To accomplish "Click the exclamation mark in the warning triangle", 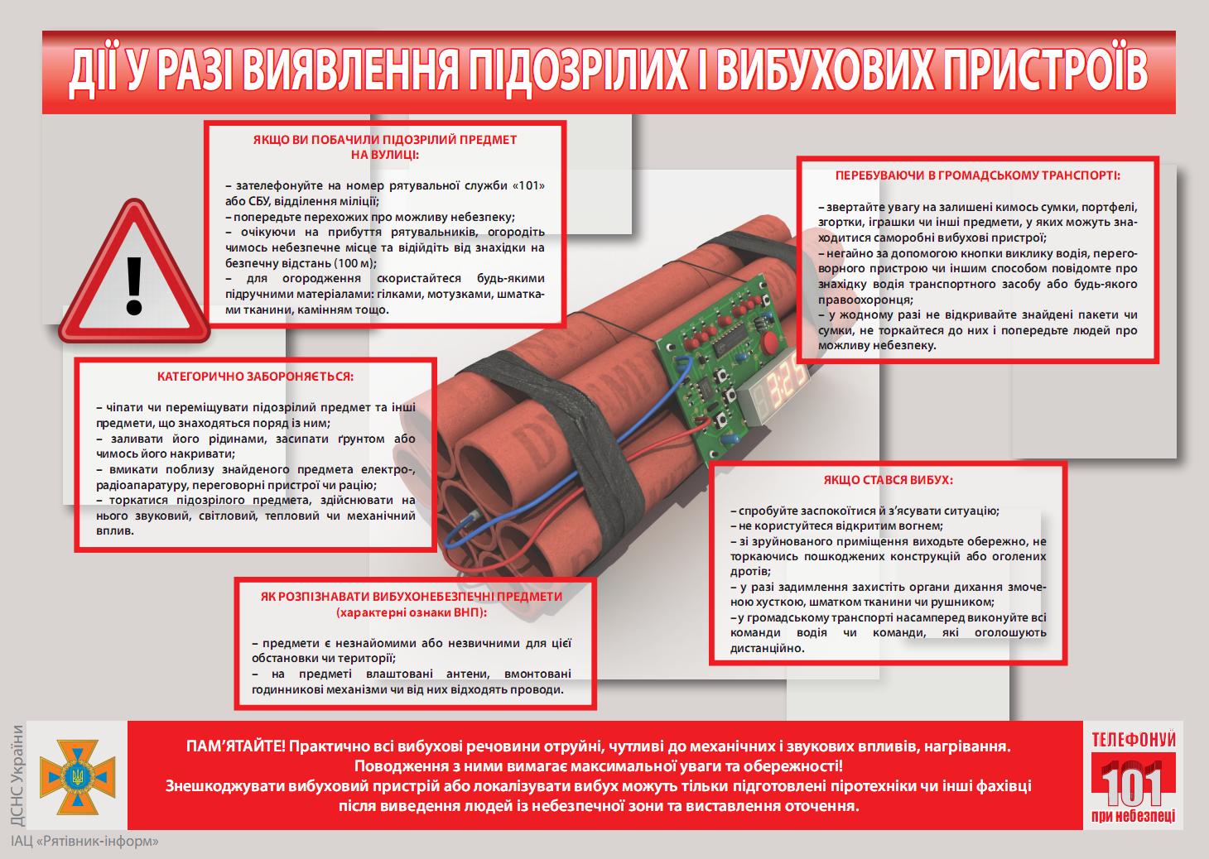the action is [x=133, y=286].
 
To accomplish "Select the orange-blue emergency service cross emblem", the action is [x=77, y=777].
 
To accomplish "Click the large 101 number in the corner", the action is [x=1132, y=784].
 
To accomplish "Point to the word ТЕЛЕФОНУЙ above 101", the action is [x=1134, y=740].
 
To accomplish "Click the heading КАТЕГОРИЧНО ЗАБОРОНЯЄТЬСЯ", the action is [x=255, y=377].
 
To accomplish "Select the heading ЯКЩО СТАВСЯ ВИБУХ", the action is [x=888, y=480].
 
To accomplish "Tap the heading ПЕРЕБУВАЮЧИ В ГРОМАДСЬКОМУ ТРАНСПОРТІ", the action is [x=977, y=175].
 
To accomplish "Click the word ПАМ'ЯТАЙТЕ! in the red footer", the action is [x=235, y=746].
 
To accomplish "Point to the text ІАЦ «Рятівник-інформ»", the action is [x=84, y=842].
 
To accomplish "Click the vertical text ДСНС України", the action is [x=17, y=775].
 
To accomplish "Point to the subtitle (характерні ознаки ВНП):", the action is [x=412, y=613].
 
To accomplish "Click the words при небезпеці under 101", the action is [x=1133, y=816].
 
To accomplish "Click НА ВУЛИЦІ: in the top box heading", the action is [x=385, y=155].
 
